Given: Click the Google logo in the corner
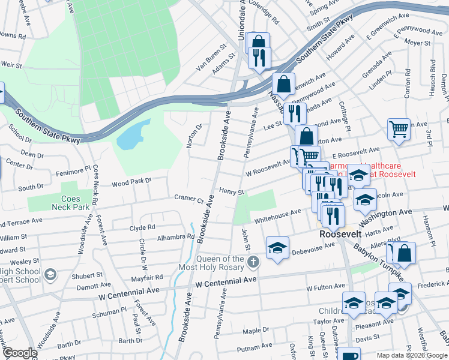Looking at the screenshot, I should (x=19, y=353).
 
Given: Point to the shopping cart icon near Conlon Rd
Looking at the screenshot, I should (x=399, y=128).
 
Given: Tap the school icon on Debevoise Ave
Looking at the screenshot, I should (x=277, y=247).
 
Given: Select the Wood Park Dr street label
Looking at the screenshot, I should (x=131, y=180).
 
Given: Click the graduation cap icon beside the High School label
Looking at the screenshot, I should (x=51, y=275).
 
